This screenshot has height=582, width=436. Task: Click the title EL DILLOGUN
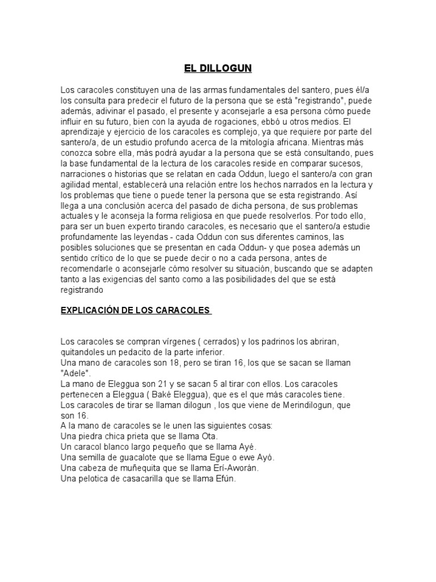coord(217,69)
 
